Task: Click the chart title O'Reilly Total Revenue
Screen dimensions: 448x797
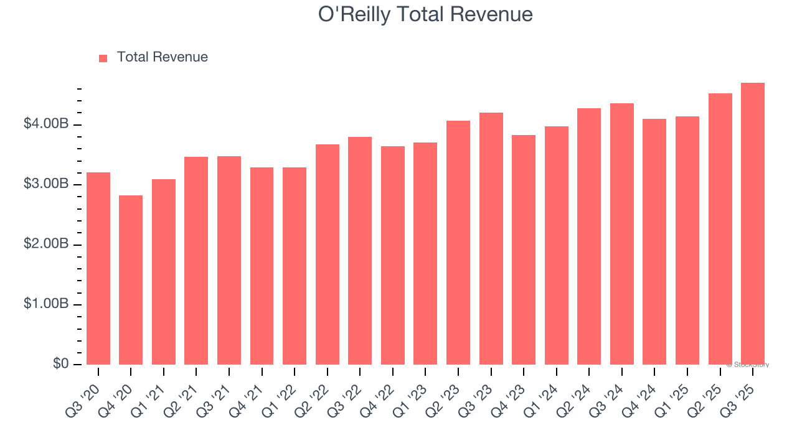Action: click(x=425, y=14)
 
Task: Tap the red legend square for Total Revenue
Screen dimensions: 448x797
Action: click(x=103, y=58)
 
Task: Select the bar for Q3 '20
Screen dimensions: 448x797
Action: click(x=98, y=268)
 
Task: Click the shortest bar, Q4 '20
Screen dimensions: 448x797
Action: click(x=131, y=280)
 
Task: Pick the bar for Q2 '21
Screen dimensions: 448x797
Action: click(x=196, y=261)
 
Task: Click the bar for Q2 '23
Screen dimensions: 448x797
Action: click(x=458, y=243)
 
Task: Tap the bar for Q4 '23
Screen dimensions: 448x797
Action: click(x=524, y=250)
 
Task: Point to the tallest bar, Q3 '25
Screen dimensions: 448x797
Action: click(x=752, y=223)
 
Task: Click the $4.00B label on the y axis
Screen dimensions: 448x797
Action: click(x=46, y=124)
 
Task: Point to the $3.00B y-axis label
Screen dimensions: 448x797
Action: click(x=46, y=184)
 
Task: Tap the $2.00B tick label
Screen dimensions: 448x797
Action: click(x=46, y=244)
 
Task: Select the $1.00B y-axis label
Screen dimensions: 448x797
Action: click(x=46, y=304)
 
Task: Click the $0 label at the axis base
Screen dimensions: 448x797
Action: click(x=60, y=363)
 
